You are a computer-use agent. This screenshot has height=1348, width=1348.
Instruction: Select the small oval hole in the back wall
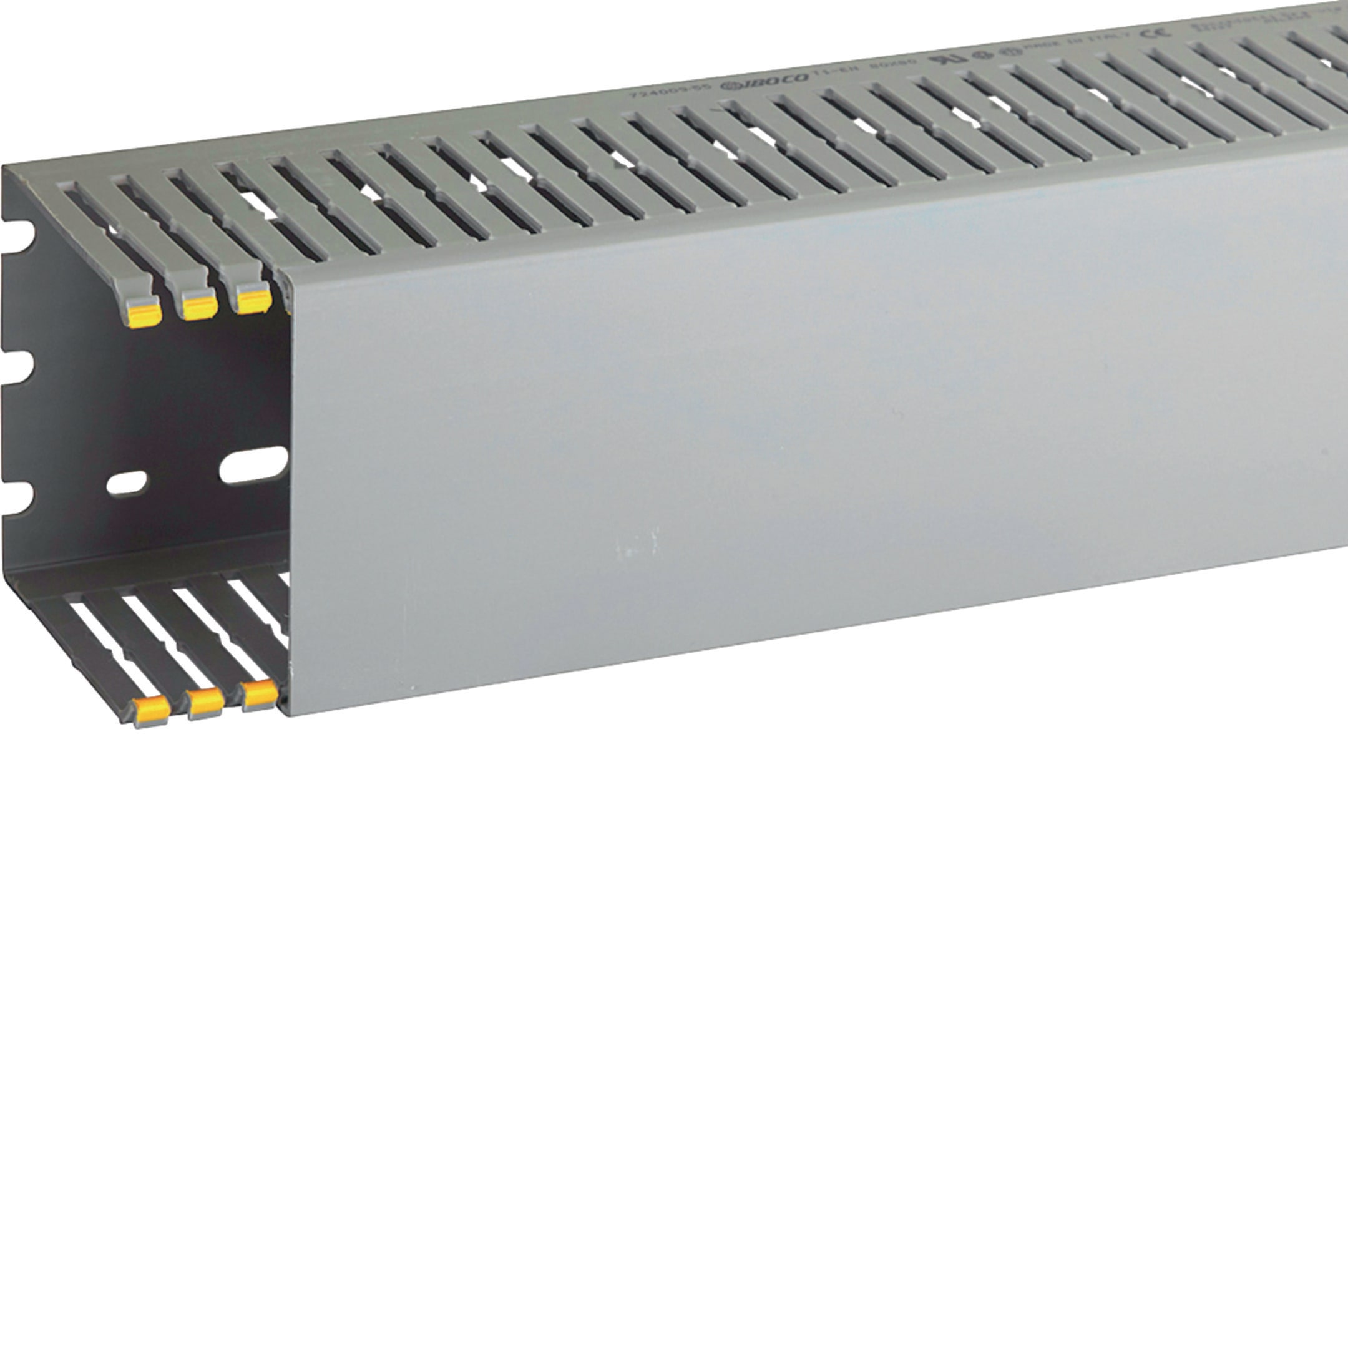pos(129,483)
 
